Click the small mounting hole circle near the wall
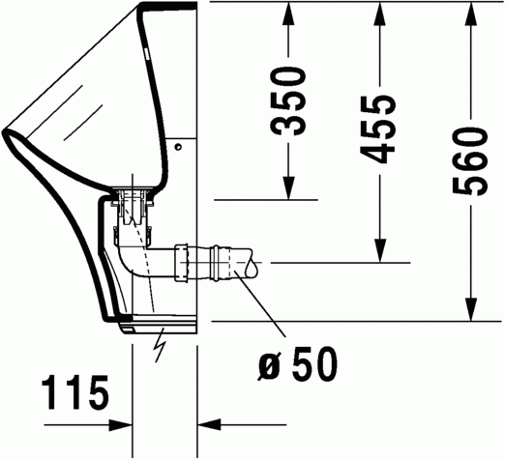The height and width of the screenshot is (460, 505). [x=179, y=147]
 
